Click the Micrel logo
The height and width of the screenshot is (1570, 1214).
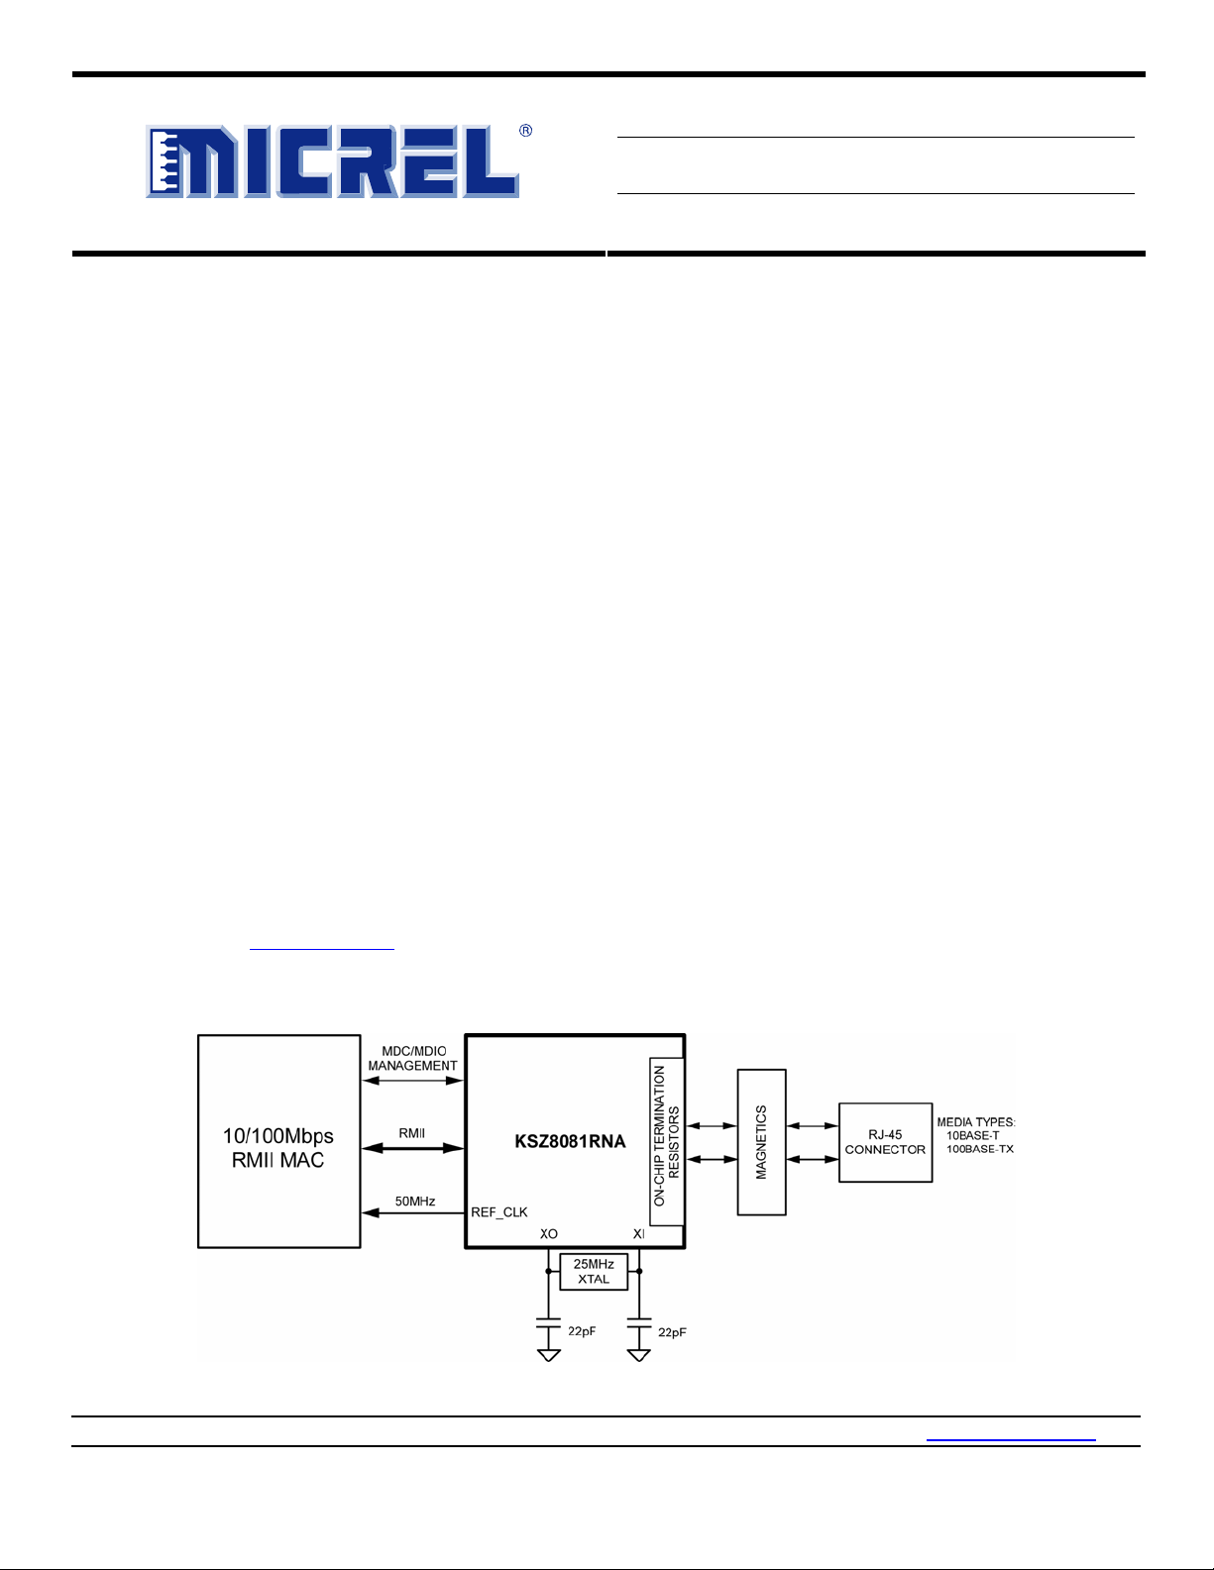tap(332, 160)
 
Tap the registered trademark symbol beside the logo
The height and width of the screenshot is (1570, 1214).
tap(526, 131)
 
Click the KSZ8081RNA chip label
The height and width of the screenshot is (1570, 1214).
tap(570, 1141)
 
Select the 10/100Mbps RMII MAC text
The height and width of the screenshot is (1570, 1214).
tap(278, 1147)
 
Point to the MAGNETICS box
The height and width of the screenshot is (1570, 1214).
tap(762, 1142)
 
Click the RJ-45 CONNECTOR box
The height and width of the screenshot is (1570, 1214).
tap(885, 1142)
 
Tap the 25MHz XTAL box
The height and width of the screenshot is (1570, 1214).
tap(594, 1272)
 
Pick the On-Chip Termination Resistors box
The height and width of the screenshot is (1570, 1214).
tap(667, 1141)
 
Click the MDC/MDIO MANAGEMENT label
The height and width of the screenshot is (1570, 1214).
tap(412, 1059)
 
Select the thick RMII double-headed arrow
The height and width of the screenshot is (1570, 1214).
tap(412, 1148)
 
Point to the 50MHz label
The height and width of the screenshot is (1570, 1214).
tap(415, 1202)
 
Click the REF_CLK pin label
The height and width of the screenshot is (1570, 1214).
tap(499, 1212)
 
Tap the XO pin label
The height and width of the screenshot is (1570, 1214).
tap(549, 1234)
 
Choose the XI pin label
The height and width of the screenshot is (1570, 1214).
tap(639, 1234)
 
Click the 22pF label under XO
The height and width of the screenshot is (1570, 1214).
tap(582, 1331)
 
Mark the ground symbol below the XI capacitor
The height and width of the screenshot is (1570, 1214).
tap(639, 1355)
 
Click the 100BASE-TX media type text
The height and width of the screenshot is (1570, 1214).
tap(980, 1149)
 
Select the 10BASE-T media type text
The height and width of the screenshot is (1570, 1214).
tap(972, 1135)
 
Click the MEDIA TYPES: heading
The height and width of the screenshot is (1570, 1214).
tap(976, 1122)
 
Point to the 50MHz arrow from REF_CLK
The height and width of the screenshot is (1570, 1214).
tap(412, 1213)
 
